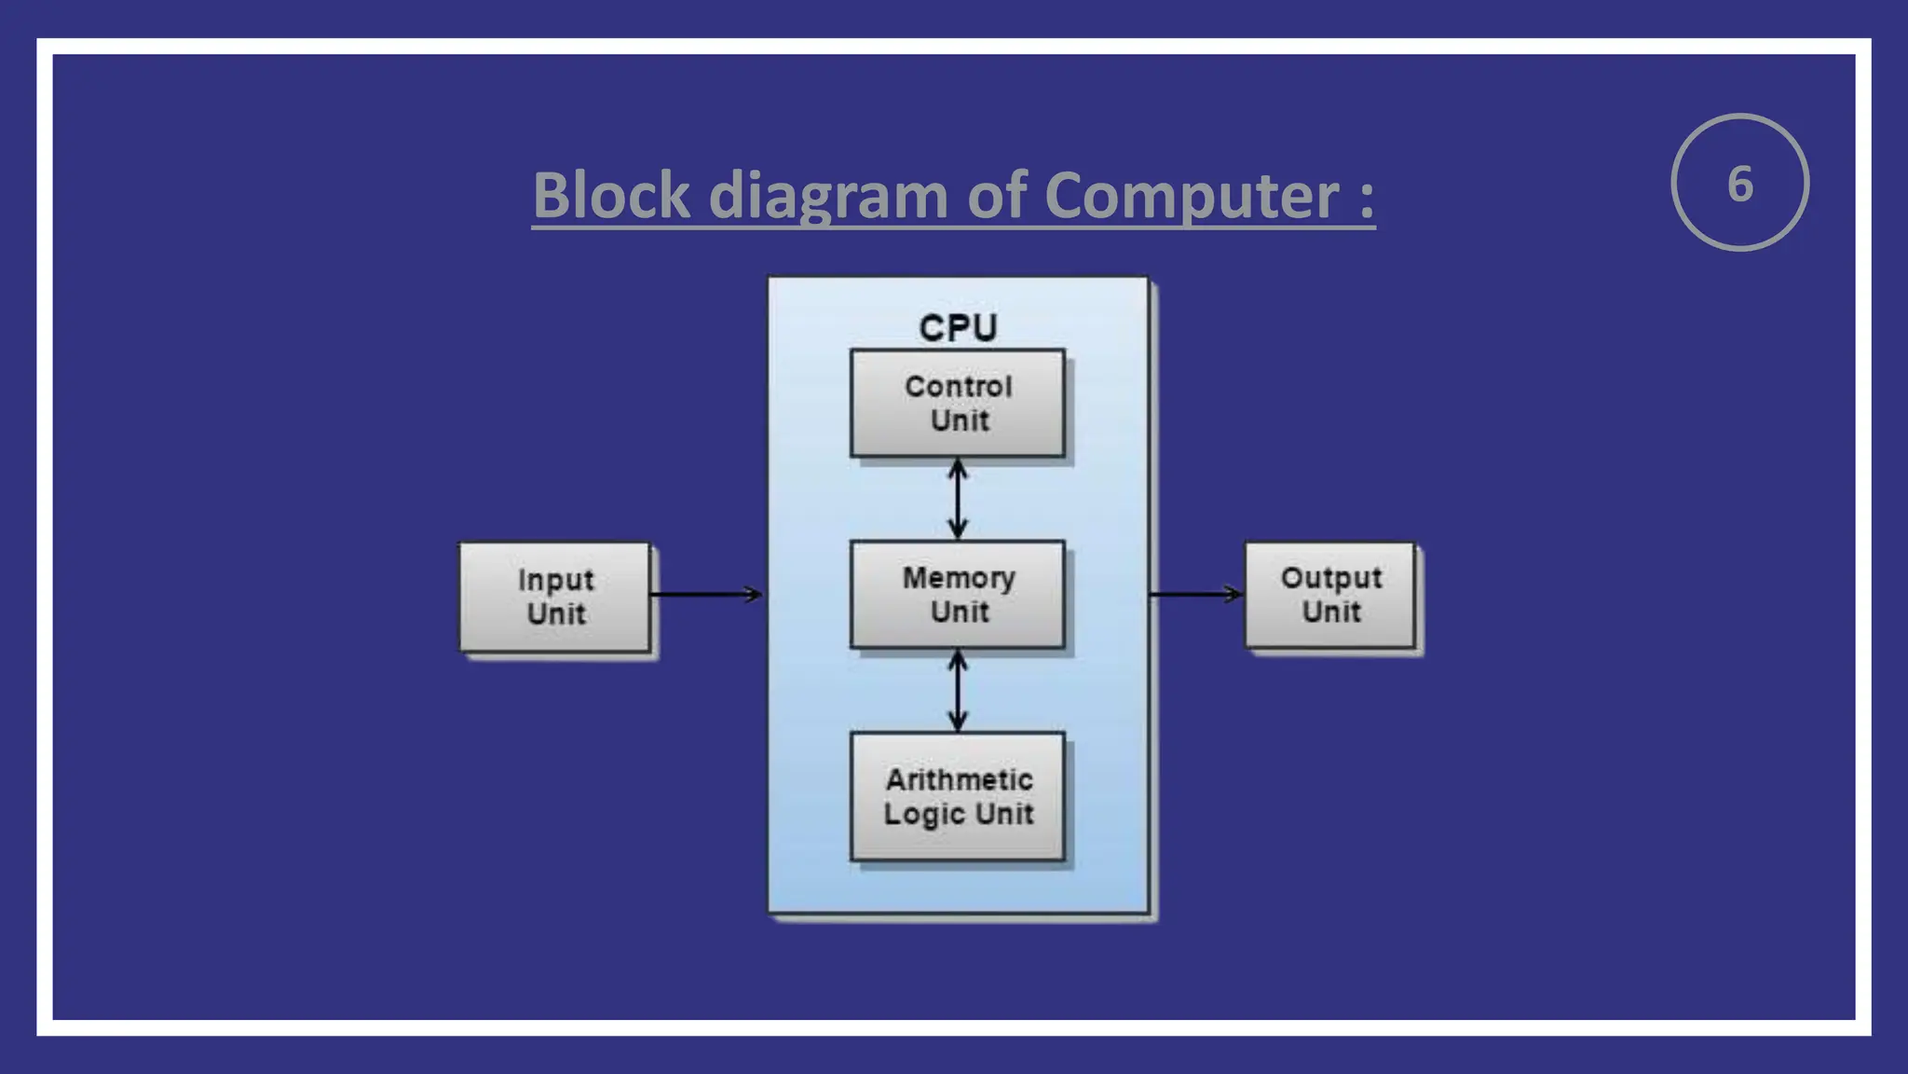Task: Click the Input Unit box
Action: (x=555, y=597)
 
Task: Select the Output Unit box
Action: (x=1330, y=595)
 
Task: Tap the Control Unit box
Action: (x=958, y=403)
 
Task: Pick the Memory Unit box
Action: (x=958, y=594)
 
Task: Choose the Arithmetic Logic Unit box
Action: (x=958, y=795)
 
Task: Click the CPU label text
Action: (x=958, y=328)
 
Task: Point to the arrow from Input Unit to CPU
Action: (x=706, y=594)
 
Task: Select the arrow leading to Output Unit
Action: (x=1196, y=594)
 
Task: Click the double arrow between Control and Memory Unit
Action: (x=958, y=499)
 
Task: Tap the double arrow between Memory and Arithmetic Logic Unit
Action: (x=958, y=691)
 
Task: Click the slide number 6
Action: (x=1739, y=184)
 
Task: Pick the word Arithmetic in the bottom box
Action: (x=959, y=779)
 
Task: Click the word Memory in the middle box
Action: (x=959, y=578)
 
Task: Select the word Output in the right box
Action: (x=1330, y=578)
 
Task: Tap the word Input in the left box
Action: (x=555, y=580)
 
